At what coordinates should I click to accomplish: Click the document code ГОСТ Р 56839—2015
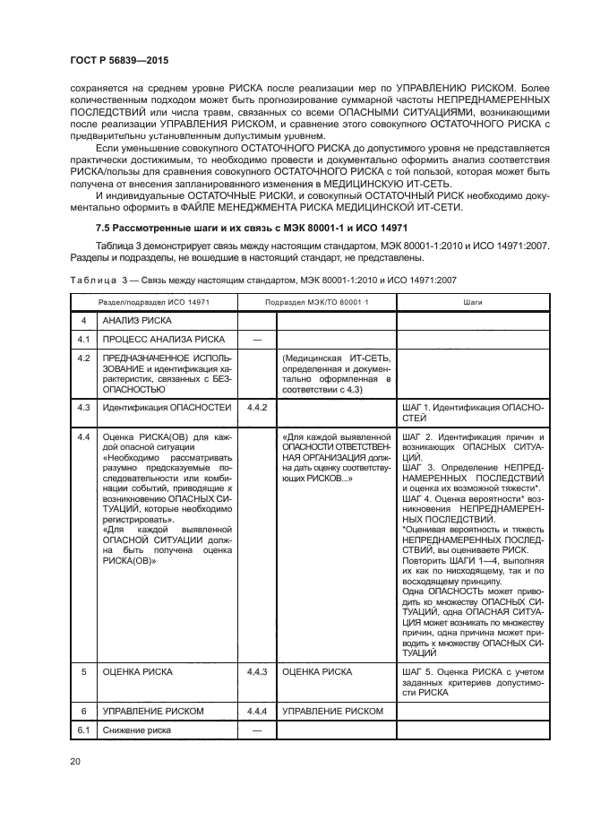[119, 60]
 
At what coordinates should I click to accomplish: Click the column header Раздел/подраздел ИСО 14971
[153, 304]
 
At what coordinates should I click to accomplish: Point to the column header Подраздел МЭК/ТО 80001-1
[316, 304]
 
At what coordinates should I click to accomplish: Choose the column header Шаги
[472, 304]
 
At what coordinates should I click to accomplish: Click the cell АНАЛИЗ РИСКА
[136, 320]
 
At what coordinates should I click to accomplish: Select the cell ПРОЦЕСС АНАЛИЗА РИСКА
[163, 340]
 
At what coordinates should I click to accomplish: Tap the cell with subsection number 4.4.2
[256, 409]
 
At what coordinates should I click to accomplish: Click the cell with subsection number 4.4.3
[256, 670]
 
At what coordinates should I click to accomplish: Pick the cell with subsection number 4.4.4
[256, 711]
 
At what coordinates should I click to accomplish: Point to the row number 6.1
[84, 730]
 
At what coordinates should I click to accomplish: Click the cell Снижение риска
[136, 730]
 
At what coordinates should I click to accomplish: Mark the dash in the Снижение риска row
[256, 730]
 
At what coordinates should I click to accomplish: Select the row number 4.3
[84, 409]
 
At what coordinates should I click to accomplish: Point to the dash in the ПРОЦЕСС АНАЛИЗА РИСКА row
[256, 340]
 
